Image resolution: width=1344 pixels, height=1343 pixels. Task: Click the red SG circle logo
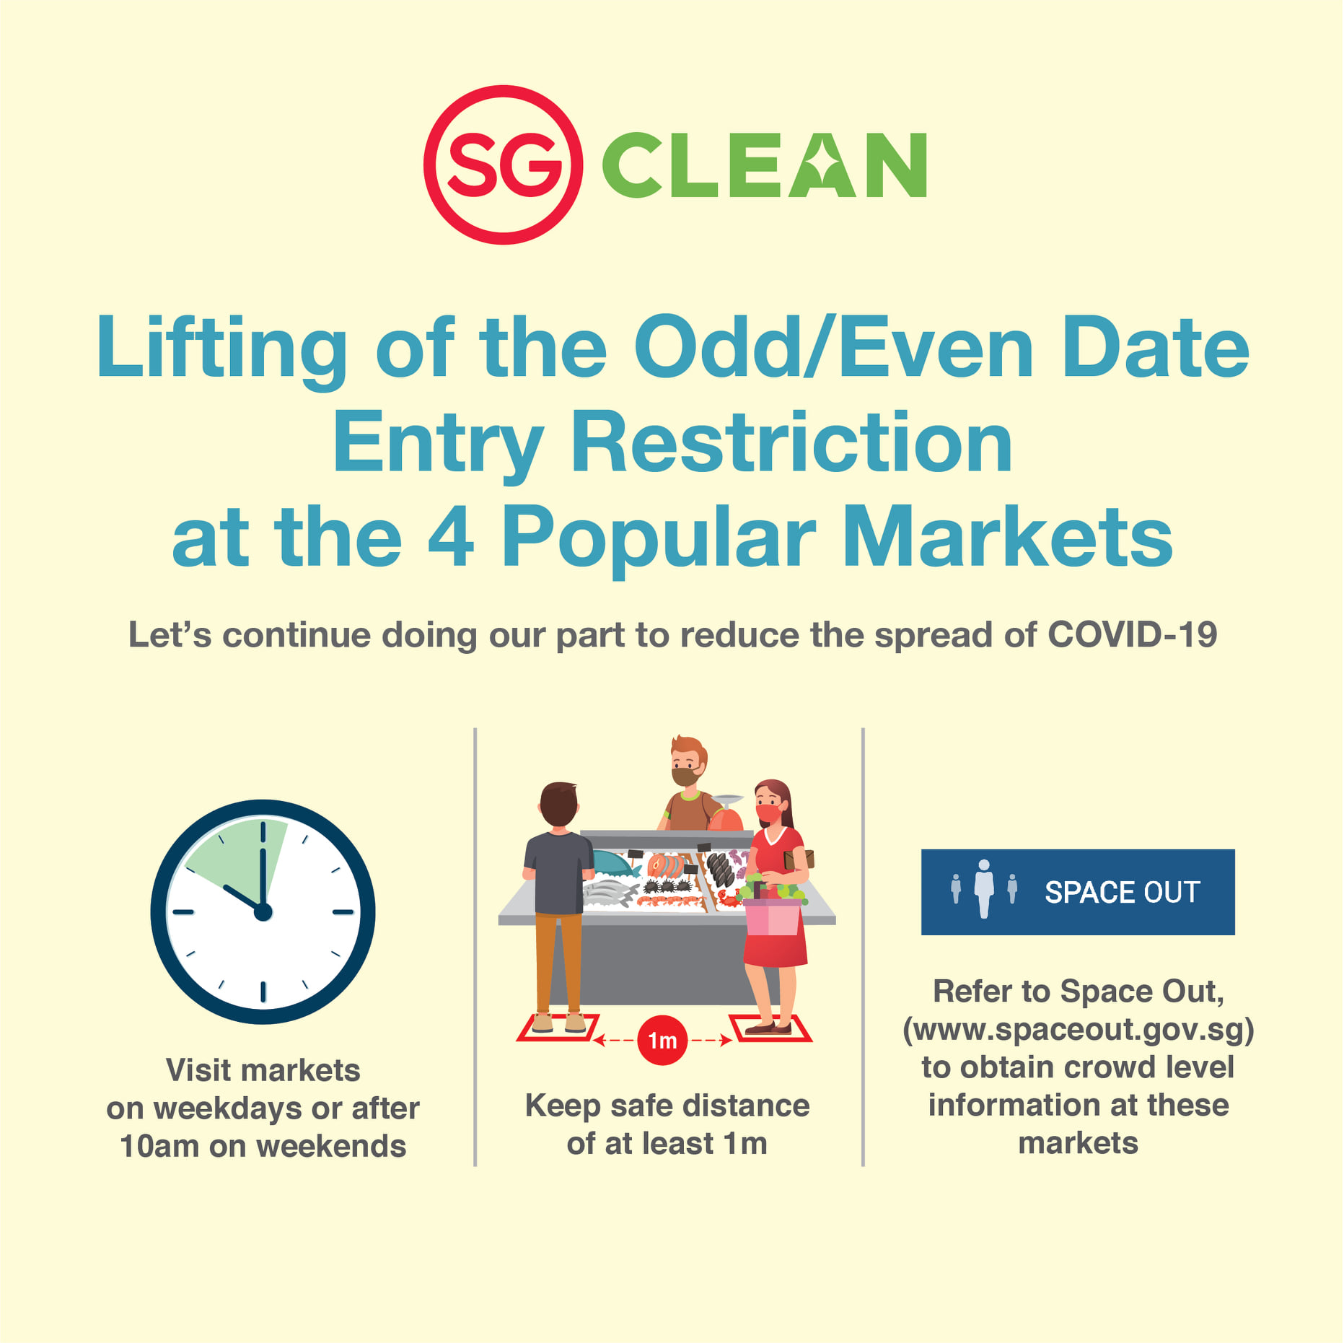(503, 165)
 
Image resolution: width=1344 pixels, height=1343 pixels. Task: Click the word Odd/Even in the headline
(834, 348)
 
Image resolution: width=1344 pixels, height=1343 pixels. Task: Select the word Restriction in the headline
(791, 442)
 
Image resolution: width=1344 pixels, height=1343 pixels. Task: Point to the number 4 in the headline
(451, 537)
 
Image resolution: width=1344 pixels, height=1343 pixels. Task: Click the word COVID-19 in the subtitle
(1132, 635)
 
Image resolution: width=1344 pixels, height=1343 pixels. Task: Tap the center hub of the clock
(263, 912)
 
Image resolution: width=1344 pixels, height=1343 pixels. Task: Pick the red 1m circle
(662, 1041)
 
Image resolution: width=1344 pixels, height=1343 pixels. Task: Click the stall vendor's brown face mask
(684, 777)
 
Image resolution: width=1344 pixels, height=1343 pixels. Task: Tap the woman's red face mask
(768, 813)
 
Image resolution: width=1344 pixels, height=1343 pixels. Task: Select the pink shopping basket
(773, 917)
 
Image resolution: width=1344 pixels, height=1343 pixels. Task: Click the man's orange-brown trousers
(558, 960)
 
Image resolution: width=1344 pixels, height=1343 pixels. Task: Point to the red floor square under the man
(558, 1028)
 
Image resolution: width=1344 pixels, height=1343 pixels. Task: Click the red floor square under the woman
(770, 1028)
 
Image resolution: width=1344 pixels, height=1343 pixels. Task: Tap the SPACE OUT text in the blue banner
(1123, 892)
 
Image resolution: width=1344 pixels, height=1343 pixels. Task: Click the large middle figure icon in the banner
(983, 888)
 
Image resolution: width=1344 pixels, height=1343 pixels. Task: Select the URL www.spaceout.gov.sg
(1078, 1029)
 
